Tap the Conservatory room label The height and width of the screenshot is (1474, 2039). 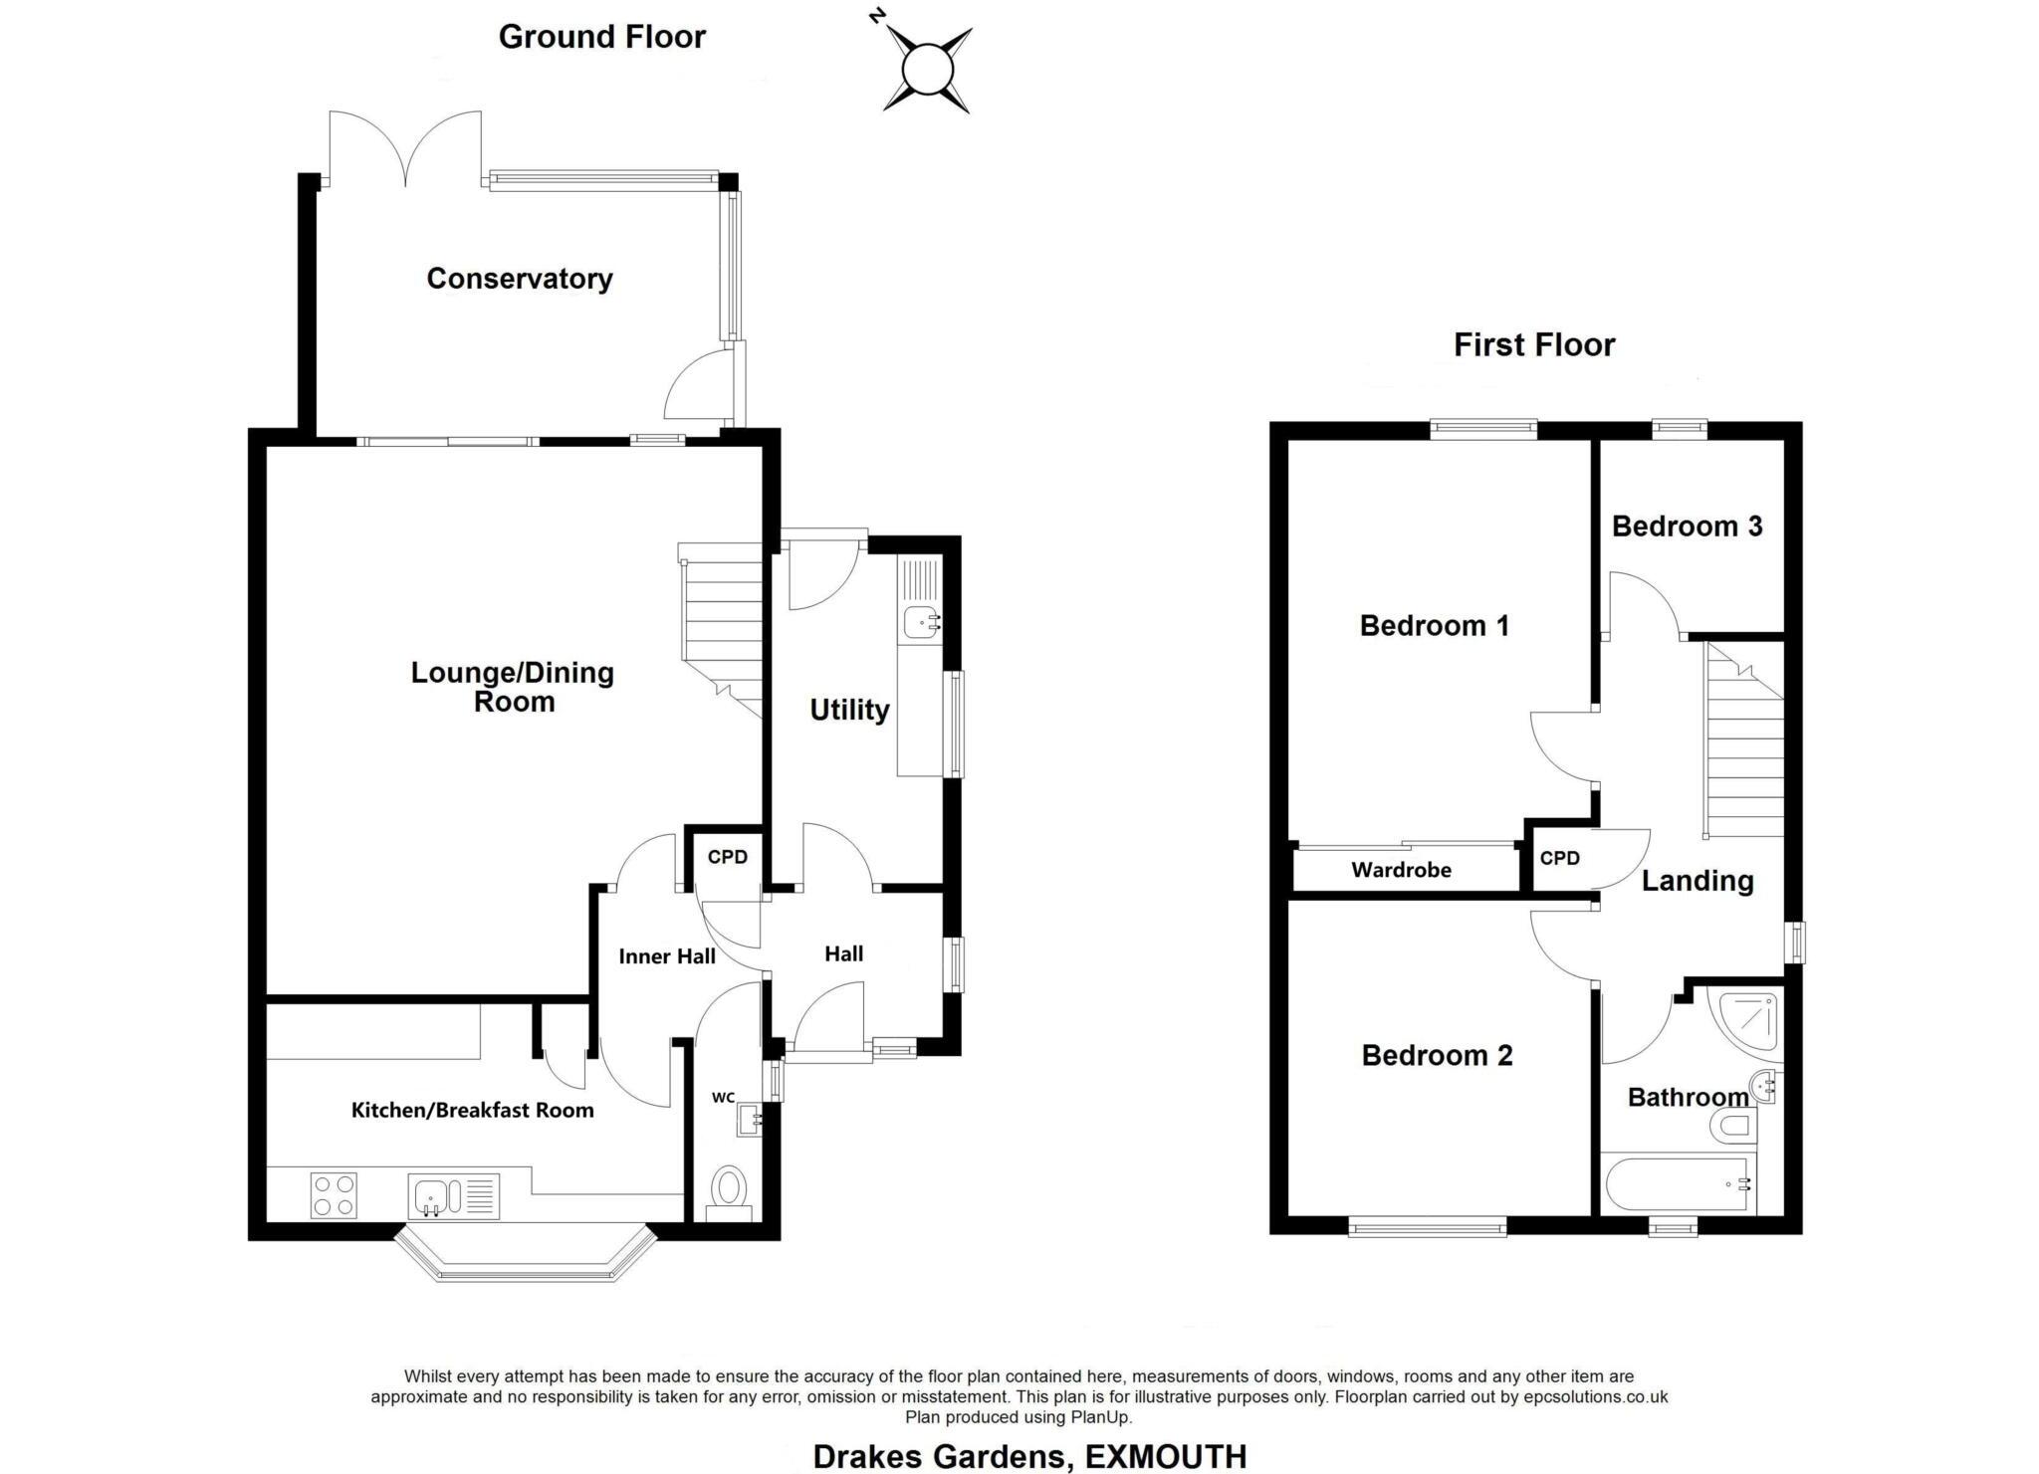pos(519,279)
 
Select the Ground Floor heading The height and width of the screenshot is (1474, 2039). pos(601,37)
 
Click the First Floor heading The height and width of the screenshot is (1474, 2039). pos(1533,345)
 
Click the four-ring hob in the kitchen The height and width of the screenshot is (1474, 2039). pos(334,1195)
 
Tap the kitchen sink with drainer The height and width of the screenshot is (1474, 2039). pos(453,1195)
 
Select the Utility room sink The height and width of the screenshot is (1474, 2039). pos(921,623)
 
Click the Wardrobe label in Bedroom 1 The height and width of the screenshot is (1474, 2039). pos(1401,870)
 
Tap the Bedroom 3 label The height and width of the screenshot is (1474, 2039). pos(1687,526)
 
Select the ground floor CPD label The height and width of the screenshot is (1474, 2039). pos(727,857)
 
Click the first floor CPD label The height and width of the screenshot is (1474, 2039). pos(1559,858)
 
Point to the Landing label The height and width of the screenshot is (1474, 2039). pos(1697,881)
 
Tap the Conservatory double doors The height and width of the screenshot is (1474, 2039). pos(405,149)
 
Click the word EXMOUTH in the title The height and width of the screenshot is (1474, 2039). pos(1165,1456)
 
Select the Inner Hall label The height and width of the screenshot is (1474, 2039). pos(666,956)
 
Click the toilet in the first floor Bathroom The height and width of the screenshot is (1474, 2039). pos(1732,1128)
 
